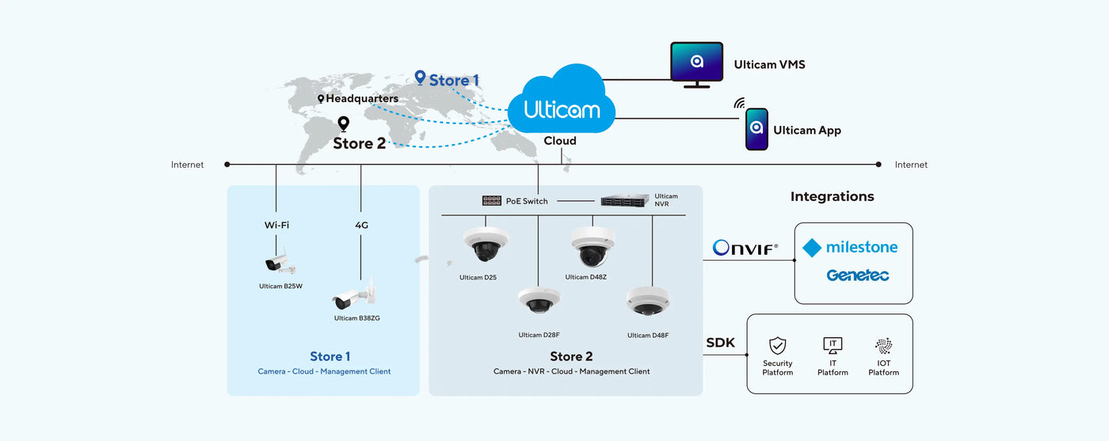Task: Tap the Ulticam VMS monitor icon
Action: click(x=696, y=63)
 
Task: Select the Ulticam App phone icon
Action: click(x=756, y=129)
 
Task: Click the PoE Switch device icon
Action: click(x=491, y=201)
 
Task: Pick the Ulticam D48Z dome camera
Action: click(x=593, y=247)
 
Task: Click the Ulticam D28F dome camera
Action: click(x=539, y=302)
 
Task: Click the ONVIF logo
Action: click(x=745, y=248)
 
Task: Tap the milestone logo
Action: click(x=850, y=248)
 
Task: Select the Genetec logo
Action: click(x=857, y=276)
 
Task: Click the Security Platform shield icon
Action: click(x=778, y=345)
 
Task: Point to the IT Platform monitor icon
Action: click(x=833, y=345)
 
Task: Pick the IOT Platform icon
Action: click(x=883, y=345)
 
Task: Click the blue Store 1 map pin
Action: click(x=420, y=78)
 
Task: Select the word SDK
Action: click(x=720, y=343)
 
